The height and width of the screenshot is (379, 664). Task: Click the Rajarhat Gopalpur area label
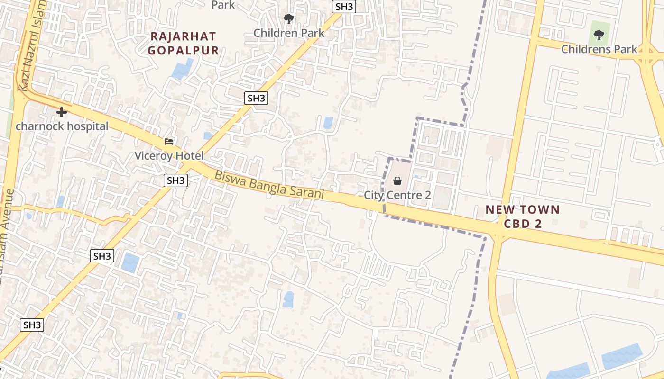coord(183,43)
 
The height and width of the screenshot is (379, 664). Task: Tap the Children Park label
coord(289,33)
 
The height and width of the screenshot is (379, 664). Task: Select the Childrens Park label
coord(599,49)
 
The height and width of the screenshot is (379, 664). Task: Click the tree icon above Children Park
coord(288,19)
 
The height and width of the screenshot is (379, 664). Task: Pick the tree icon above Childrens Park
coord(599,35)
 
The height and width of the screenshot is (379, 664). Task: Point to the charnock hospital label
coord(62,126)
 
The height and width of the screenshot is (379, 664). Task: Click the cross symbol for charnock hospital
coord(61,112)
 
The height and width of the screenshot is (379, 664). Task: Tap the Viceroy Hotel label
coord(169,156)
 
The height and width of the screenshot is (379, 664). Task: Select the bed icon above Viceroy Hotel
coord(169,141)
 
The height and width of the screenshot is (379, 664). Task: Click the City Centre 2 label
coord(397,195)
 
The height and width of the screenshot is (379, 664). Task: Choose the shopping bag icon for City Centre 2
coord(397,181)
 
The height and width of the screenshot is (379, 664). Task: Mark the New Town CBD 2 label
coord(523,217)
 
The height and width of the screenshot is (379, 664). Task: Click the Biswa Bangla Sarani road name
coord(269,185)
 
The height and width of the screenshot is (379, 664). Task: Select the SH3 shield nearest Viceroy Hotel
coord(175,180)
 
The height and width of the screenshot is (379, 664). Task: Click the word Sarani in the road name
coord(307,192)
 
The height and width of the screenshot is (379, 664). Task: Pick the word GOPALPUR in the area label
coord(183,50)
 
